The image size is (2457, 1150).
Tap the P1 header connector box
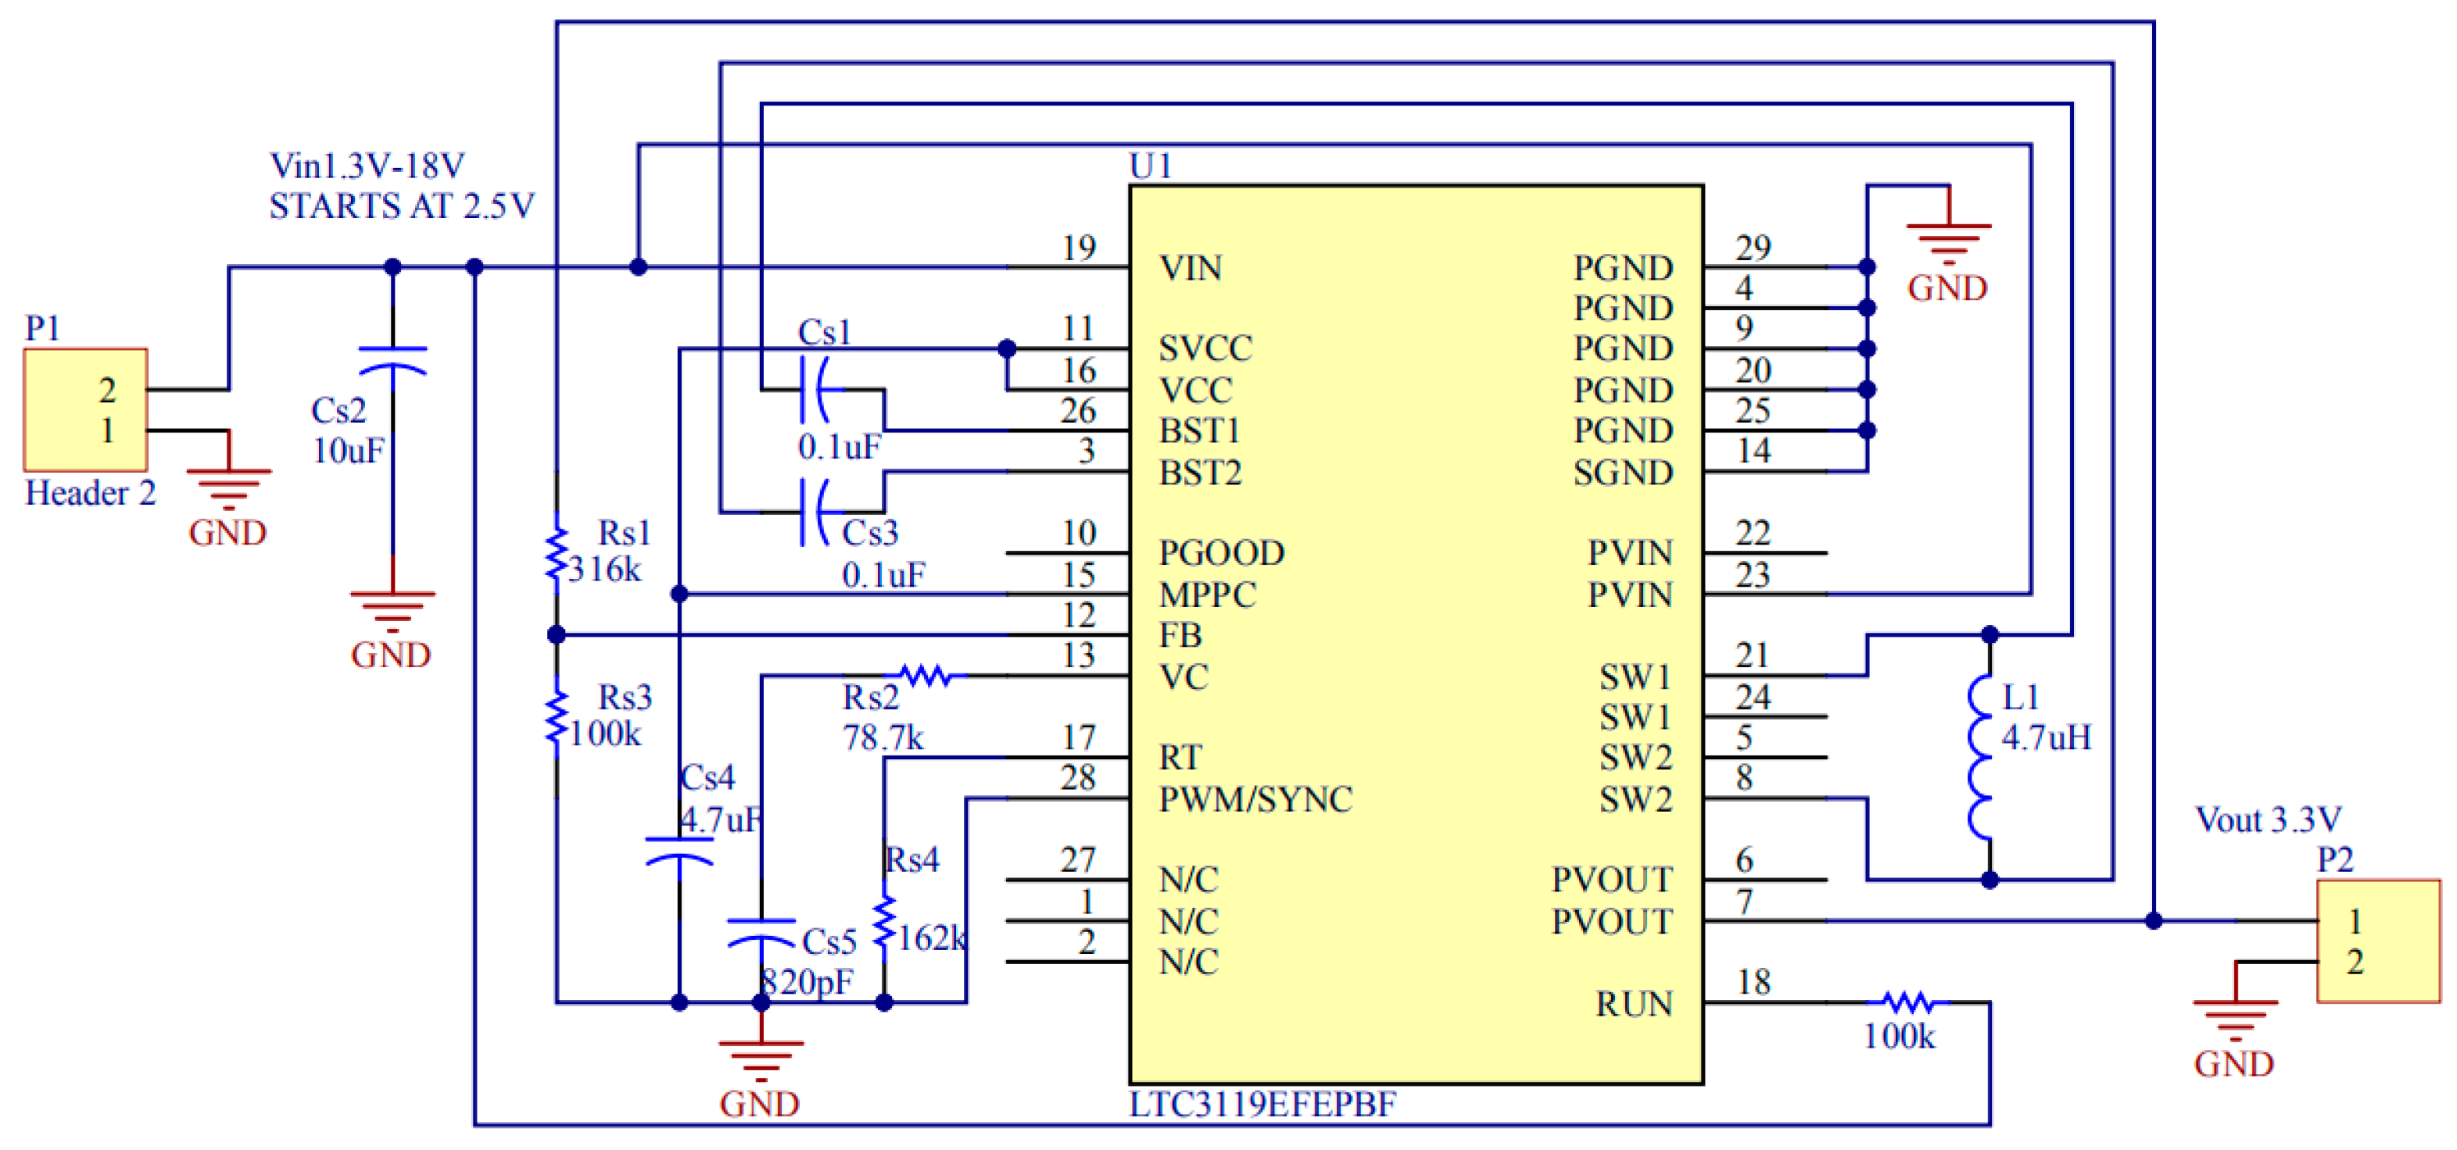coord(86,409)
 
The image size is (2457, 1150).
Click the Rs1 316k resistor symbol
coord(556,554)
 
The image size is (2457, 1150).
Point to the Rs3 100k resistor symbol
coord(556,718)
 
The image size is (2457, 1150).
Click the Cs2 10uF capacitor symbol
coord(392,362)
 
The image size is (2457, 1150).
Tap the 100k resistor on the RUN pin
coord(1907,1002)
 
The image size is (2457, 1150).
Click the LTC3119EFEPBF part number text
coord(1262,1104)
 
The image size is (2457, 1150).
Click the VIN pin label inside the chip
coord(1191,268)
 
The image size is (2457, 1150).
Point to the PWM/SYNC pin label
coord(1255,799)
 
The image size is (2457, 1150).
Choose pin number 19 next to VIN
coord(1079,248)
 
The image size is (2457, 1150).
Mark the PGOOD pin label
coord(1221,553)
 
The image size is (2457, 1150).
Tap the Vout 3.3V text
coord(2267,819)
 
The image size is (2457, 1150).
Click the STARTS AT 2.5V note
coord(402,206)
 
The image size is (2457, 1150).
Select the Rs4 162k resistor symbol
coord(884,922)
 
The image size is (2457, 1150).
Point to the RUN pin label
coord(1634,1003)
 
